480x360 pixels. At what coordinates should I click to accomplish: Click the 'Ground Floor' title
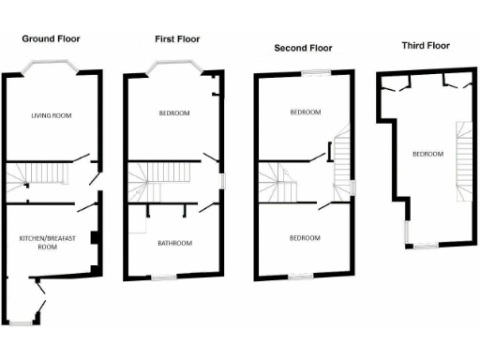pos(51,39)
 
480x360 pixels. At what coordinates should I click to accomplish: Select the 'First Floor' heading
pos(178,38)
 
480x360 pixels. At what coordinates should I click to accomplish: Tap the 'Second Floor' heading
pos(302,47)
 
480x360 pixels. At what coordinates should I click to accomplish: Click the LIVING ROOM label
pos(52,115)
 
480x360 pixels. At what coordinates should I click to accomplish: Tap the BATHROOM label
pos(173,244)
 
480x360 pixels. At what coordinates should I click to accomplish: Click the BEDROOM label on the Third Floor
pos(427,154)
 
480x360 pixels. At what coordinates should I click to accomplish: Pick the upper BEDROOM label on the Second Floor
pos(305,112)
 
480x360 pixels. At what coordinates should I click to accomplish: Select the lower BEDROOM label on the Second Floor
pos(305,238)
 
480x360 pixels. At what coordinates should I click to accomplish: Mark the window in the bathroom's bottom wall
pos(165,275)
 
